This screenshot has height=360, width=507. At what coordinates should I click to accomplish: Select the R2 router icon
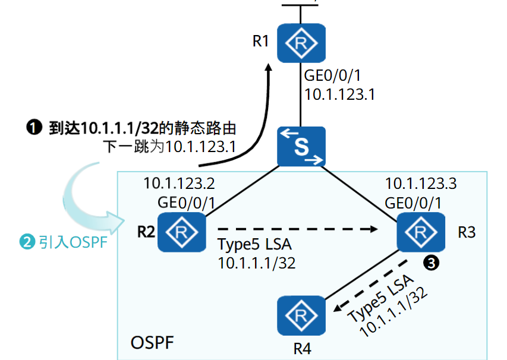click(182, 232)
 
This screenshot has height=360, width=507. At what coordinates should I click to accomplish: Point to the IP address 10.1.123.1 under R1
click(339, 94)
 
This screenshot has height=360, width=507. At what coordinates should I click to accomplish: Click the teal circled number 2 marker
click(27, 242)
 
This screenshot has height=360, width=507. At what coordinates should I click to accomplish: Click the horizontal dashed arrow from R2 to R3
click(297, 228)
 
